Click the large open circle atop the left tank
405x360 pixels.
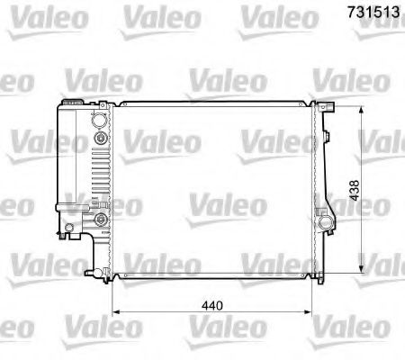tap(100, 119)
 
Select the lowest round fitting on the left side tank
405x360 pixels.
tap(100, 219)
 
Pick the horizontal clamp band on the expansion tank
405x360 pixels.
tap(71, 208)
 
